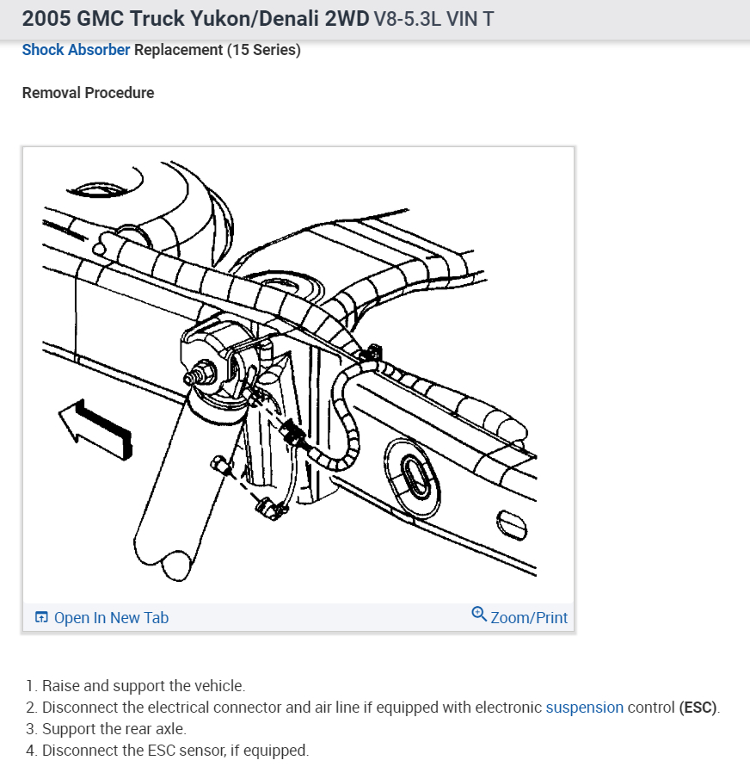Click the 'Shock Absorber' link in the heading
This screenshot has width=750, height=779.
pos(76,50)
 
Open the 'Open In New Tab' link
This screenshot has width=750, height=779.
pos(111,617)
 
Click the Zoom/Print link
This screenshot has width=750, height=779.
pos(529,617)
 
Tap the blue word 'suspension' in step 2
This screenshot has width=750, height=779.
pos(584,708)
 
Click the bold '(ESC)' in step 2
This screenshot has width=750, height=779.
pos(698,708)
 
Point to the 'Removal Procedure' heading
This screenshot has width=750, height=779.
pos(88,93)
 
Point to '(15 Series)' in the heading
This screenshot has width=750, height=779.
pos(264,50)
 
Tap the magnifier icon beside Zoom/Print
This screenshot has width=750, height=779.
pos(479,615)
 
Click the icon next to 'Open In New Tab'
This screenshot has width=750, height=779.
pos(41,617)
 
